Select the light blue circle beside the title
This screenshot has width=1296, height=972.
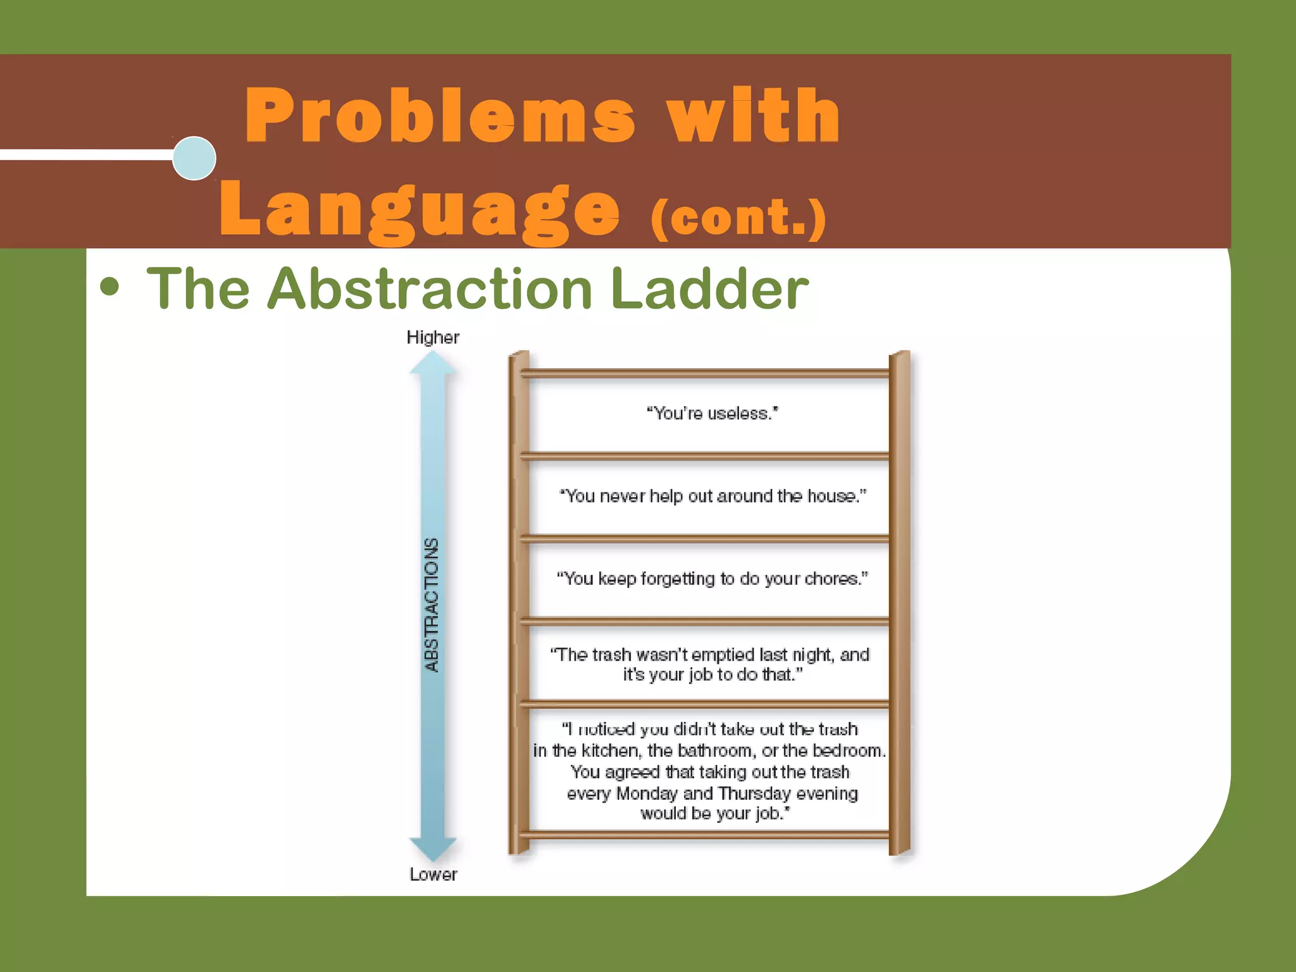pos(194,158)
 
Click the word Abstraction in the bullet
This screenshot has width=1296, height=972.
pos(430,289)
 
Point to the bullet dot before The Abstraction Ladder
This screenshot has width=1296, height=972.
pos(109,287)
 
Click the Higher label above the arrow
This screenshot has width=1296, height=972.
pos(433,337)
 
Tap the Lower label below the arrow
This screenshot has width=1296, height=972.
pos(433,875)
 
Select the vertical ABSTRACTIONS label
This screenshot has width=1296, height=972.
pos(432,605)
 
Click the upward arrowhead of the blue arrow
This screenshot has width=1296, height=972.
pos(433,364)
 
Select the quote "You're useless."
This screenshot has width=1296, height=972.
pos(712,413)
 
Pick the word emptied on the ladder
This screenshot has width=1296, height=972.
pos(723,654)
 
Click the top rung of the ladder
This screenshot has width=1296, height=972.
pos(706,373)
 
